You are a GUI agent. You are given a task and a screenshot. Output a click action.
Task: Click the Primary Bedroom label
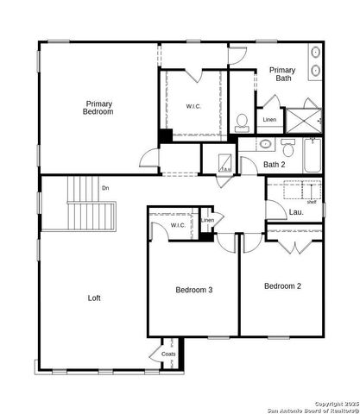click(x=98, y=108)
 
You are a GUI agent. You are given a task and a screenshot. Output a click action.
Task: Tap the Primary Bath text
click(x=282, y=74)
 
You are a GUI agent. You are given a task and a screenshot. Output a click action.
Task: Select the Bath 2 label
click(x=275, y=165)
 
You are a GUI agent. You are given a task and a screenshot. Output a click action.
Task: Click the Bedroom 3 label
click(x=193, y=290)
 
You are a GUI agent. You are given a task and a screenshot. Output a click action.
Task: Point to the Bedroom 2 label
click(x=282, y=286)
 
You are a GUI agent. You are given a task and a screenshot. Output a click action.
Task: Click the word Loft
click(x=94, y=298)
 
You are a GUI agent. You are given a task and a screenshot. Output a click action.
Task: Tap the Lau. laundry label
click(x=296, y=211)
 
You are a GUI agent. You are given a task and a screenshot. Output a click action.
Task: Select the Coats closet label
click(x=168, y=354)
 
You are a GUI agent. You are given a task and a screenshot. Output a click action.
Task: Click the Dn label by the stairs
click(x=105, y=188)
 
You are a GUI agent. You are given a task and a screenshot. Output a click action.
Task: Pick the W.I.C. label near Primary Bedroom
click(x=193, y=106)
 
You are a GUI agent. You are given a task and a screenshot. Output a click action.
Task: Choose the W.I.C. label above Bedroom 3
click(x=177, y=225)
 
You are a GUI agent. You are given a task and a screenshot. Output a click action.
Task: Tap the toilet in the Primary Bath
click(x=242, y=121)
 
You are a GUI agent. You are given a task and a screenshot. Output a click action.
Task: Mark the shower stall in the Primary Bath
click(x=303, y=119)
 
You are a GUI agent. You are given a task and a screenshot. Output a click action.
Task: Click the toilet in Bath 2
click(x=287, y=144)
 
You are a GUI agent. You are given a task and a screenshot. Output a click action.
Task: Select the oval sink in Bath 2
click(x=265, y=144)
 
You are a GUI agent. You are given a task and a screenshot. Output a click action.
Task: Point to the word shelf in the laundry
click(x=311, y=202)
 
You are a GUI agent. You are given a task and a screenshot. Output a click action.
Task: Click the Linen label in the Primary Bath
click(x=269, y=120)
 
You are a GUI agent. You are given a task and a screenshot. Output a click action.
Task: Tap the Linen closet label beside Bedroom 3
click(x=207, y=221)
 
